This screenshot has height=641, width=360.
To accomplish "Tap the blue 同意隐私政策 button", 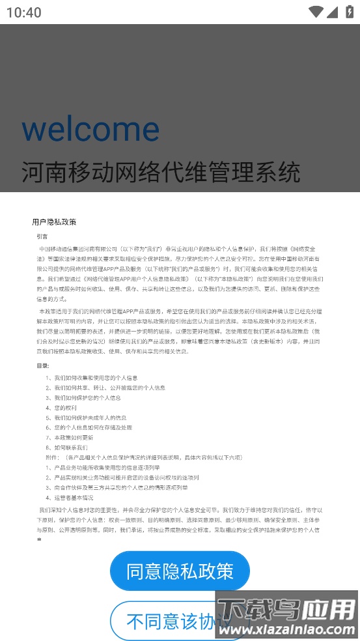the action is point(180,571).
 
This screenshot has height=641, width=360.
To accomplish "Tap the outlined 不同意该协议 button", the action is point(171,621).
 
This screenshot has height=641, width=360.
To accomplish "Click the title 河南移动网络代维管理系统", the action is point(161,173).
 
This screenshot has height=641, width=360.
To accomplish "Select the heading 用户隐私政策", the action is point(54,222).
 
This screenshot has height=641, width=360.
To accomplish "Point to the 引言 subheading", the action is point(42,236).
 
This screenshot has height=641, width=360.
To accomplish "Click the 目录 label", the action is point(43,365).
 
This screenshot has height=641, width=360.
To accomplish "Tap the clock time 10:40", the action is point(24,12).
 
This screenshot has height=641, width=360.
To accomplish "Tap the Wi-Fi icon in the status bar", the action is point(316,12).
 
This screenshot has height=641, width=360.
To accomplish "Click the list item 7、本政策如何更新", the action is point(70,438).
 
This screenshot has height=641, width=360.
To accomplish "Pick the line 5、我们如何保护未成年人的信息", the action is point(86,418).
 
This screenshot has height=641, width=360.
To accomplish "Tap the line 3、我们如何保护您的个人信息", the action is point(83,397).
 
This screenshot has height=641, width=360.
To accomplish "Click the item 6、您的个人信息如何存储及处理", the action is point(89,427).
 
